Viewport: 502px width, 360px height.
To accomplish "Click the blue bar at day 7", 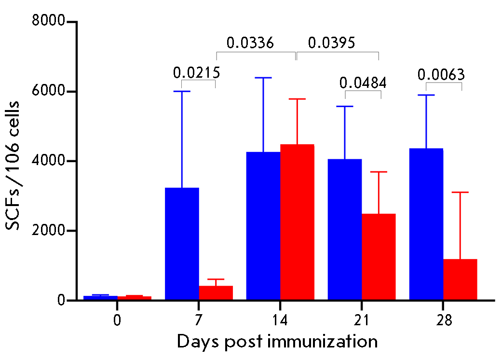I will point(182,244).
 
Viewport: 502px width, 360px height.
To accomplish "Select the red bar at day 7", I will point(216,293).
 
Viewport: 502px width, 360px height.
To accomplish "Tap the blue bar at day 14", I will point(263,226).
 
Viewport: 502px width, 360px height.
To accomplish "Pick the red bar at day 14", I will point(297,222).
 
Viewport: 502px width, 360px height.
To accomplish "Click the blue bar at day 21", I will point(345,229).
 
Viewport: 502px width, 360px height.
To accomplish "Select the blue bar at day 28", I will point(426,224).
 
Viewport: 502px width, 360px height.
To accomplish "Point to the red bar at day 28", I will point(460,279).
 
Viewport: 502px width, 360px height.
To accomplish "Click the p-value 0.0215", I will point(197,72).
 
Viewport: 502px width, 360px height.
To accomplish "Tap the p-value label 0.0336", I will point(250,43).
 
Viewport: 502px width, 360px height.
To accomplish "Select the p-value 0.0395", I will point(331,43).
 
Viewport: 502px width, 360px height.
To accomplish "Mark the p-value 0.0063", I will point(441,75).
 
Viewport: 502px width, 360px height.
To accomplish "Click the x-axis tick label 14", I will point(280,320).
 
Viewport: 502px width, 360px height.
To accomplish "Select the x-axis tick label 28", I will point(443,320).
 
